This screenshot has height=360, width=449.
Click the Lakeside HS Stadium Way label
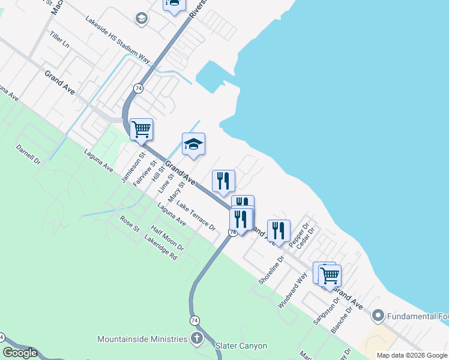(118, 40)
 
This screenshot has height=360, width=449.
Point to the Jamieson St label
(133, 167)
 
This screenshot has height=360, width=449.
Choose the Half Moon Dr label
(167, 238)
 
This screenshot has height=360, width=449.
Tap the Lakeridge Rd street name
(161, 247)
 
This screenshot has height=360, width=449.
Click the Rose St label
(130, 224)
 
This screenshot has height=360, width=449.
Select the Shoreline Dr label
(270, 270)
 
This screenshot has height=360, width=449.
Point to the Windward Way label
(292, 290)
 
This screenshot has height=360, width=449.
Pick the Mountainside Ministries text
(142, 339)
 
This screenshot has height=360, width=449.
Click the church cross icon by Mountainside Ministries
(196, 339)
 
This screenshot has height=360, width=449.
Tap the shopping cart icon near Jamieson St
(141, 129)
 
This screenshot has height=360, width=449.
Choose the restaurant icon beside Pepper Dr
(279, 230)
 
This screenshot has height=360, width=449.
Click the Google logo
(20, 353)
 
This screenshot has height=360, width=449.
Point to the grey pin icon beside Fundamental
(378, 315)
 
